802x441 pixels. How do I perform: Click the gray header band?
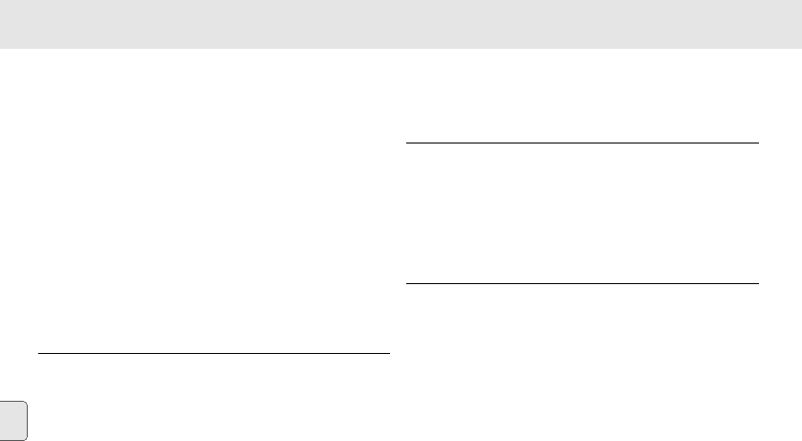click(x=401, y=24)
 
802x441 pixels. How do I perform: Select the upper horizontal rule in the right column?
click(x=582, y=143)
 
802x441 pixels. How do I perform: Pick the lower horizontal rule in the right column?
click(x=582, y=283)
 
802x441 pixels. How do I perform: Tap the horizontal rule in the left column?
click(x=214, y=353)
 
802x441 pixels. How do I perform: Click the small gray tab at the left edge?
click(x=13, y=421)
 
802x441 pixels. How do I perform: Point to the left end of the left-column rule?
click(x=39, y=353)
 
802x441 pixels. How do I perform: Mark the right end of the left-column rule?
click(x=390, y=353)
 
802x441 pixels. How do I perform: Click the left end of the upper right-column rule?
click(x=407, y=143)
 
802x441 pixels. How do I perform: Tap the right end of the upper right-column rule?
click(x=758, y=143)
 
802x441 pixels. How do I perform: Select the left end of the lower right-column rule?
click(x=407, y=283)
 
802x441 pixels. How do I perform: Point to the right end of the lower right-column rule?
click(x=758, y=283)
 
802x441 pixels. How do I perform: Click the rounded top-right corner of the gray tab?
click(x=26, y=404)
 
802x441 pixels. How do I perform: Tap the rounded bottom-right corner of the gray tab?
click(x=26, y=438)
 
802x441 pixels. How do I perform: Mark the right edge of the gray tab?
click(x=28, y=421)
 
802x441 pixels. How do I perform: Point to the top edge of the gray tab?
click(x=13, y=402)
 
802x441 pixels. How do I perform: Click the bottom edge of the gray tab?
click(x=13, y=440)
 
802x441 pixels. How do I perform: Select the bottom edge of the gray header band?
click(x=401, y=49)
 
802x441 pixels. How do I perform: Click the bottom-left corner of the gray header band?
click(x=1, y=49)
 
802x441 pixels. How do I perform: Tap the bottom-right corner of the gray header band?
click(x=800, y=49)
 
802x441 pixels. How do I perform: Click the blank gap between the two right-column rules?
click(x=582, y=213)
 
